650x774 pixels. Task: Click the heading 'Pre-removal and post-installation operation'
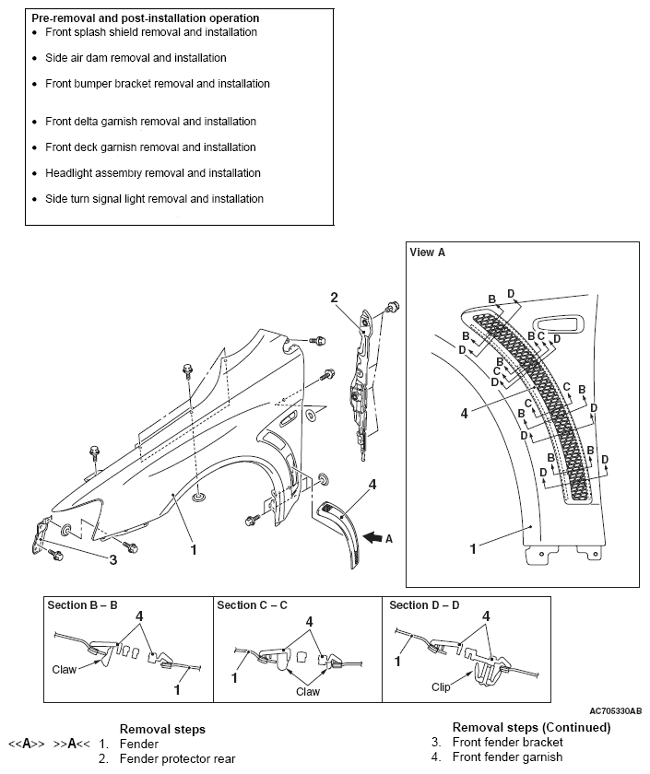click(145, 18)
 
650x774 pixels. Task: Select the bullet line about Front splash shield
click(151, 32)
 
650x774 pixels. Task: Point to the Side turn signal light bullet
click(154, 199)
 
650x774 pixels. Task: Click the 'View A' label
click(428, 252)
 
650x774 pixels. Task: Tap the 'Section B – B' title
click(85, 605)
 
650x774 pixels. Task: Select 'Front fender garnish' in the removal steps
click(503, 758)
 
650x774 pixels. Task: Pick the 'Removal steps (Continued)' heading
click(531, 727)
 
